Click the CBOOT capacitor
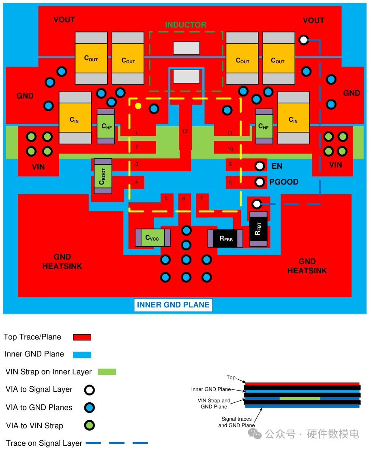(103, 176)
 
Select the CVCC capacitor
(152, 238)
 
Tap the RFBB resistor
(225, 238)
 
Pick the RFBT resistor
(258, 229)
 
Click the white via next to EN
(259, 166)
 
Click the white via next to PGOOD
(259, 182)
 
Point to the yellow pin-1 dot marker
(138, 106)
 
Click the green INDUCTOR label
(185, 25)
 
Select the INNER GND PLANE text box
(173, 305)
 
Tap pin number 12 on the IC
(185, 131)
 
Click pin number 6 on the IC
(184, 199)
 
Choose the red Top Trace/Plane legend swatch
(82, 337)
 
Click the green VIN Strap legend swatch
(107, 372)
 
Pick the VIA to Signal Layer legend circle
(89, 390)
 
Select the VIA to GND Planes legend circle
(89, 408)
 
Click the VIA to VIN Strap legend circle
(89, 425)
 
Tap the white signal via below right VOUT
(303, 40)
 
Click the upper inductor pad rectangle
(187, 48)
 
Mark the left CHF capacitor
(106, 126)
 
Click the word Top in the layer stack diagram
(231, 378)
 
